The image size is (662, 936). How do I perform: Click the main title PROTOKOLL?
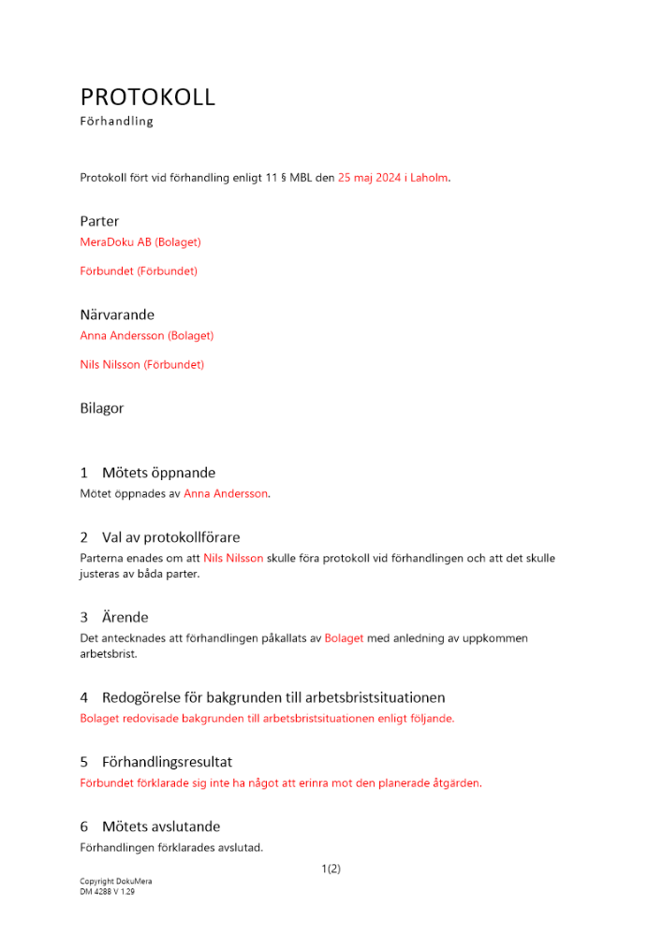tap(148, 96)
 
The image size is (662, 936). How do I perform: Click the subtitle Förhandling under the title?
tap(116, 122)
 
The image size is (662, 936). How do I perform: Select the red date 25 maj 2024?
tap(370, 177)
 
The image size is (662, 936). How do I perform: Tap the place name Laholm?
tap(430, 177)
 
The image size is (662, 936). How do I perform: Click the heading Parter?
tap(99, 222)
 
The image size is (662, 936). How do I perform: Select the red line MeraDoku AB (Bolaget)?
tap(140, 242)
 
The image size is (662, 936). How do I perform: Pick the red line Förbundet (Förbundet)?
tap(139, 271)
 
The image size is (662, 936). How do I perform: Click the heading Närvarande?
tap(117, 314)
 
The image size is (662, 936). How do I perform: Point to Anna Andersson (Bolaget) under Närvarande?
tap(147, 336)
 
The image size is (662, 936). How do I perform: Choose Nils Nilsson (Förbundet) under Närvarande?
tap(141, 365)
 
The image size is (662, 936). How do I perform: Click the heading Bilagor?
tap(102, 408)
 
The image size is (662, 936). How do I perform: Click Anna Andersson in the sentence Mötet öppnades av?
tap(226, 493)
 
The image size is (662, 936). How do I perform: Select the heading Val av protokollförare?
tap(171, 537)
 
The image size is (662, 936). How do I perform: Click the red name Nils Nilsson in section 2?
tap(233, 558)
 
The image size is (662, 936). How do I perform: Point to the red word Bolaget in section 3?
tap(344, 638)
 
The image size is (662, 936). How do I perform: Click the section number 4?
tap(84, 697)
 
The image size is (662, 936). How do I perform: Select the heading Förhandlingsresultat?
tap(167, 762)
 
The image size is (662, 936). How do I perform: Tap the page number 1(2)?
tap(331, 869)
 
